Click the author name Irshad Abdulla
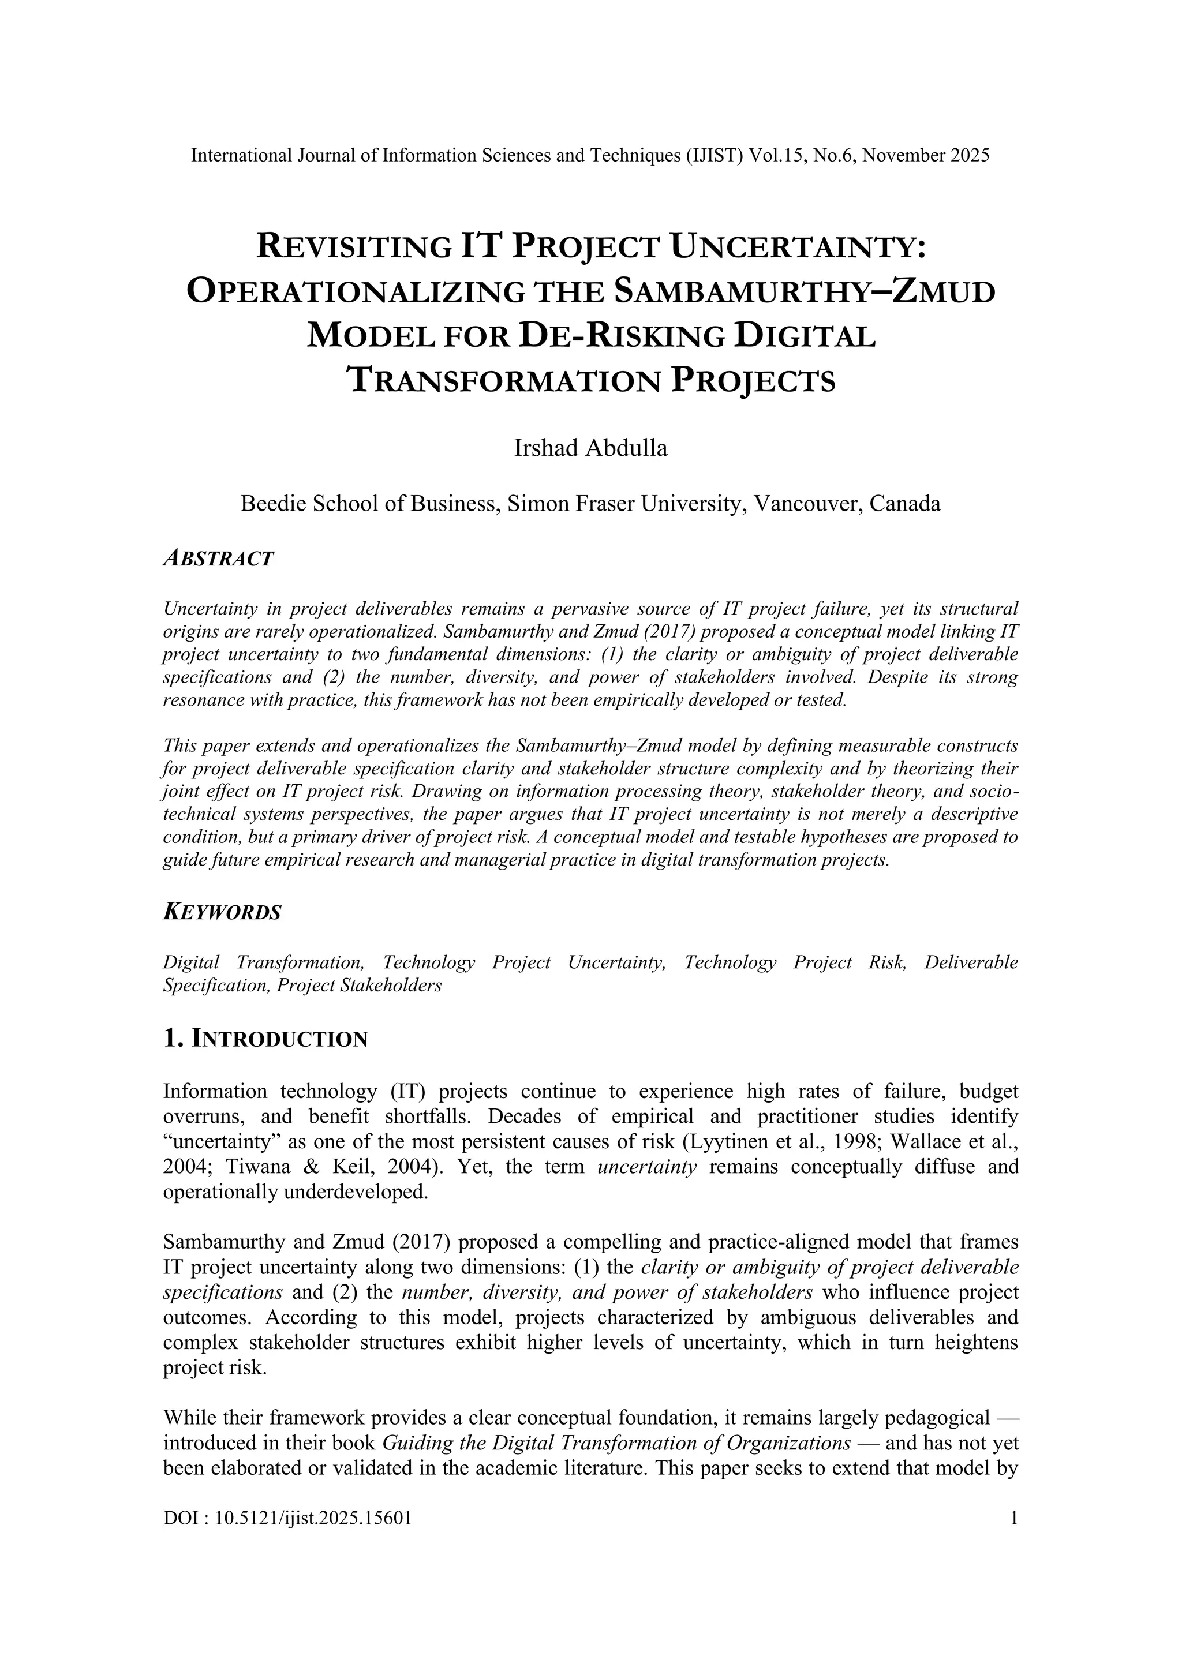tap(590, 448)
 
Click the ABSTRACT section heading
tap(218, 559)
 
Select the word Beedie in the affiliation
tap(273, 504)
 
